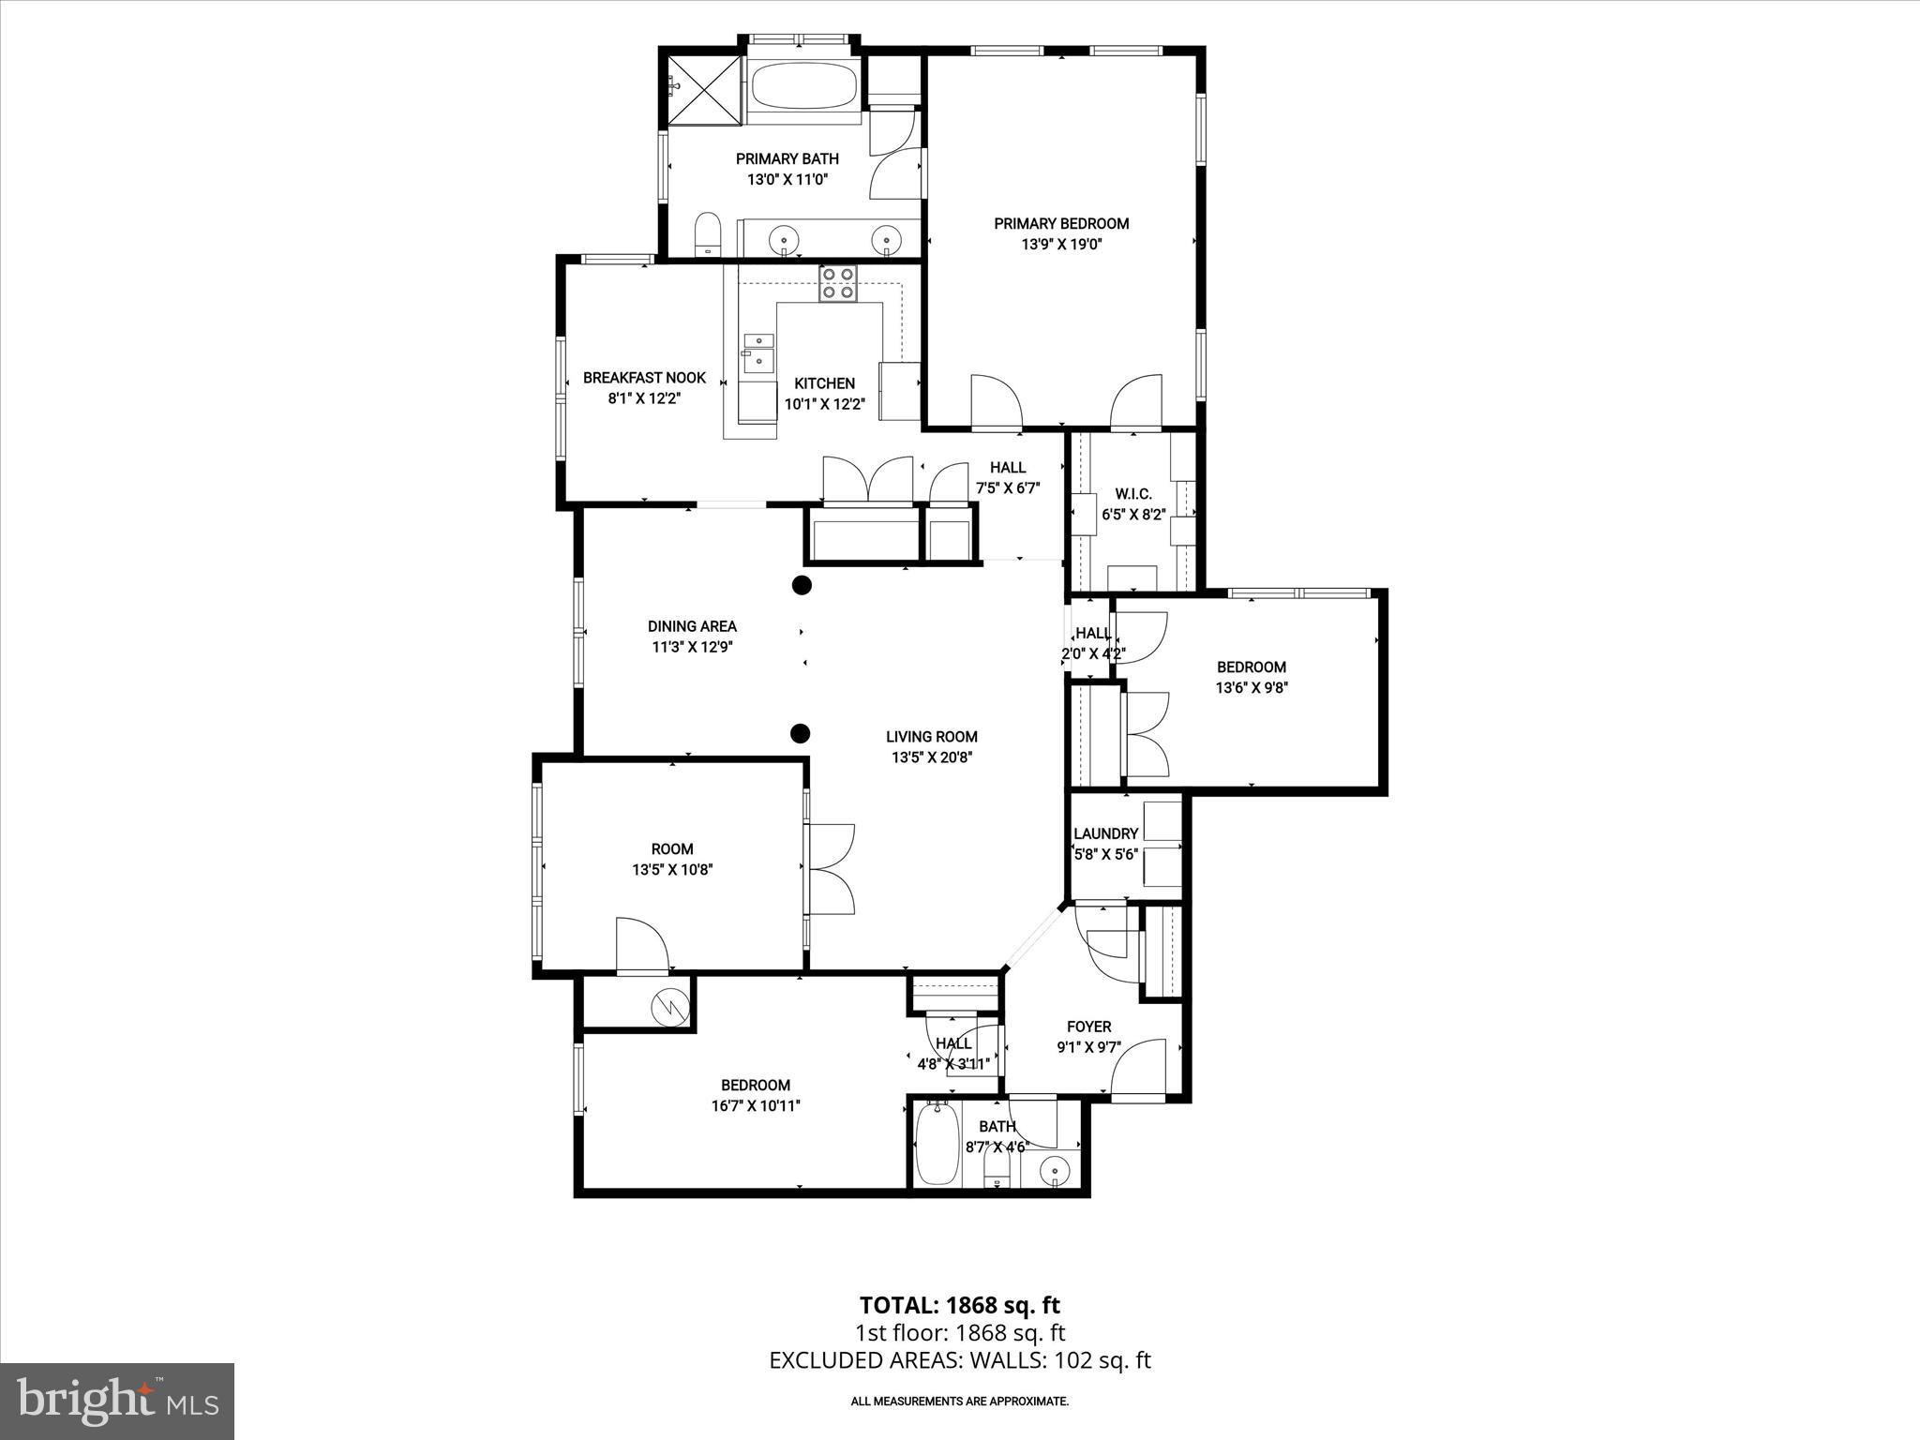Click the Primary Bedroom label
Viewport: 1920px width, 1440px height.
(1061, 223)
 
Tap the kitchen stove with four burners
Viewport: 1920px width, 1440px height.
(837, 283)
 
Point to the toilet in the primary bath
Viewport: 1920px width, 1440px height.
(707, 234)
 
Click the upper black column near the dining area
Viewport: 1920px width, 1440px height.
(801, 586)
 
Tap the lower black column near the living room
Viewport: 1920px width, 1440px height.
(801, 733)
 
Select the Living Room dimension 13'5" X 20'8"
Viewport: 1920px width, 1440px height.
(932, 757)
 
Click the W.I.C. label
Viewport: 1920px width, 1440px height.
(1132, 493)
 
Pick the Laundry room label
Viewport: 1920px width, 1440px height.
(1105, 833)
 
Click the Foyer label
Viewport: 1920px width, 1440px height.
(1088, 1027)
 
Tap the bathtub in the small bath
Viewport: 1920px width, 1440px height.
(937, 1143)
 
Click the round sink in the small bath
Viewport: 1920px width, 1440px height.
(1057, 1169)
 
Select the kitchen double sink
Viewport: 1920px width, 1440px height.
(758, 352)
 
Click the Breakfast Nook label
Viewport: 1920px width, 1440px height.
(644, 378)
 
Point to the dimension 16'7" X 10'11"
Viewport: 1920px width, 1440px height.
(755, 1105)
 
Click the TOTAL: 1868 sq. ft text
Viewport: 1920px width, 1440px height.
(959, 1305)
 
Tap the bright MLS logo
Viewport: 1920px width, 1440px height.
(117, 1401)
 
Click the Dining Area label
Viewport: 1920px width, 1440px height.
(692, 626)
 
